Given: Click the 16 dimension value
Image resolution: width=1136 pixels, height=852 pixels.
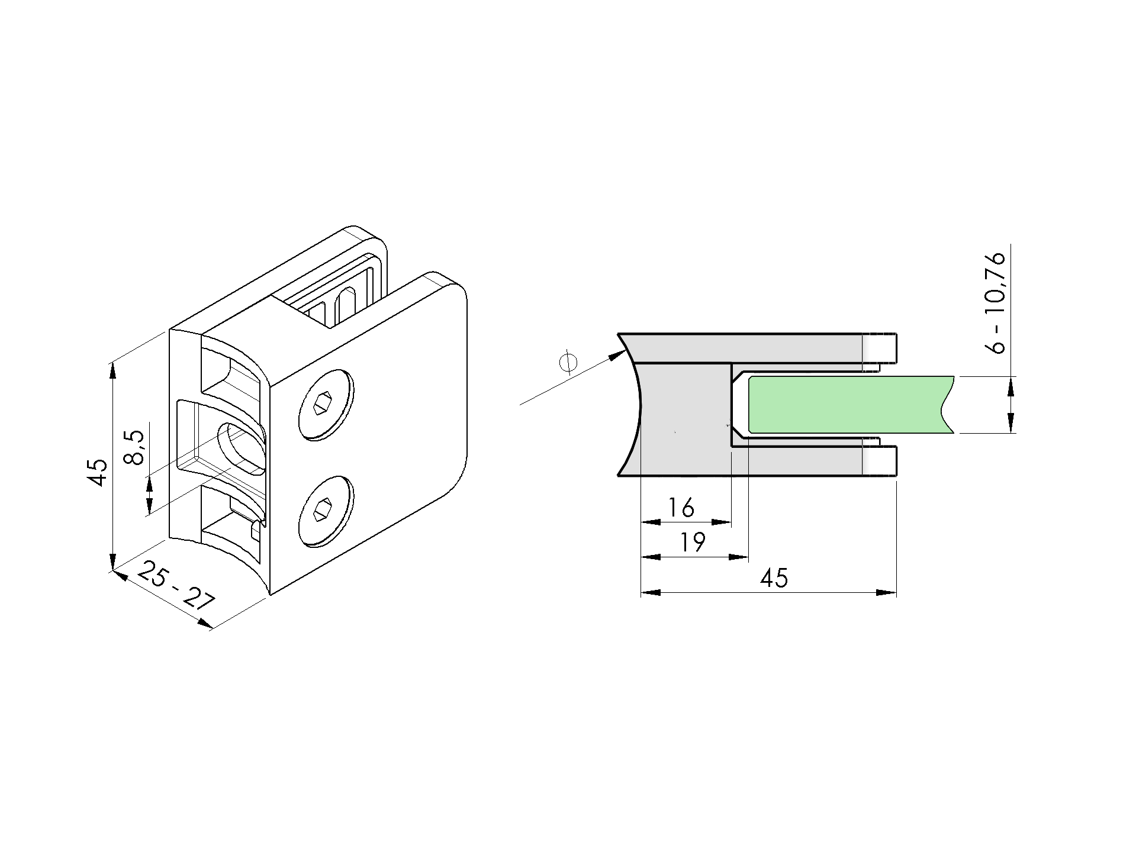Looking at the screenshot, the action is click(x=681, y=508).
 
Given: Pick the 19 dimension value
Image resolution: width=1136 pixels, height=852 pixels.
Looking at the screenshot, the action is click(x=691, y=542).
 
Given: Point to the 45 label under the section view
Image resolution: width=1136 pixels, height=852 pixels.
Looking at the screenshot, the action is click(x=774, y=577).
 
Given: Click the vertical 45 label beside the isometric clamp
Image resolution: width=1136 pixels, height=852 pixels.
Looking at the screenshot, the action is click(x=97, y=472).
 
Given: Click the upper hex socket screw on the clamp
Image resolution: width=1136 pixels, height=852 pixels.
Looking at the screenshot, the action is click(x=326, y=405).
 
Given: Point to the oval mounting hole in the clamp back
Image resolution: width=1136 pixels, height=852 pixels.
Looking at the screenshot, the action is click(x=241, y=448).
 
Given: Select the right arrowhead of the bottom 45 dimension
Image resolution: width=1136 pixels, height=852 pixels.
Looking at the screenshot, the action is click(x=886, y=592).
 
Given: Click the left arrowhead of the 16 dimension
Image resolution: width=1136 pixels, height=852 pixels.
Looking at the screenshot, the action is click(x=651, y=522).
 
